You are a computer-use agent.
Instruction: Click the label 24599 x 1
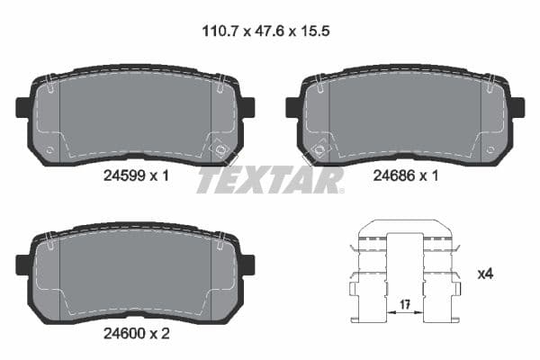click(x=136, y=176)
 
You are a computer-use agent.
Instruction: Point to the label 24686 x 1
click(x=405, y=176)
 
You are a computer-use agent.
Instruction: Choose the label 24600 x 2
click(x=136, y=332)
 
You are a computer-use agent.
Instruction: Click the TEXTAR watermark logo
click(x=270, y=180)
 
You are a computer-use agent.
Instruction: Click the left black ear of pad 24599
click(x=24, y=108)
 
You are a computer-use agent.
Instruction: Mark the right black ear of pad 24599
click(x=247, y=108)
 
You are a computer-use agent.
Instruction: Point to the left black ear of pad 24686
click(x=293, y=108)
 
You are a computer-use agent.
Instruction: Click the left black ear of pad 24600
click(x=24, y=265)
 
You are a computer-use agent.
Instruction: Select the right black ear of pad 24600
click(x=247, y=265)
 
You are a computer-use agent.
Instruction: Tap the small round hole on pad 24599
click(x=50, y=149)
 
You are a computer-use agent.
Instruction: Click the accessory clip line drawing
click(x=404, y=270)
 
